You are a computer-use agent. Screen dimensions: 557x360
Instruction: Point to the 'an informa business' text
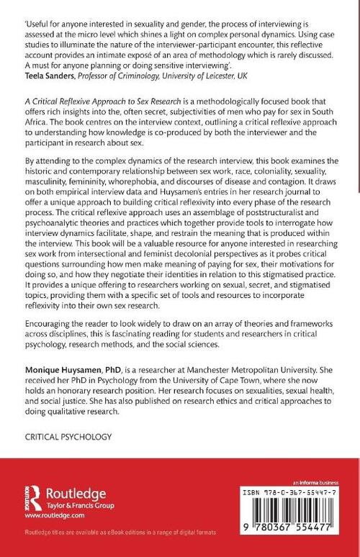312,479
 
